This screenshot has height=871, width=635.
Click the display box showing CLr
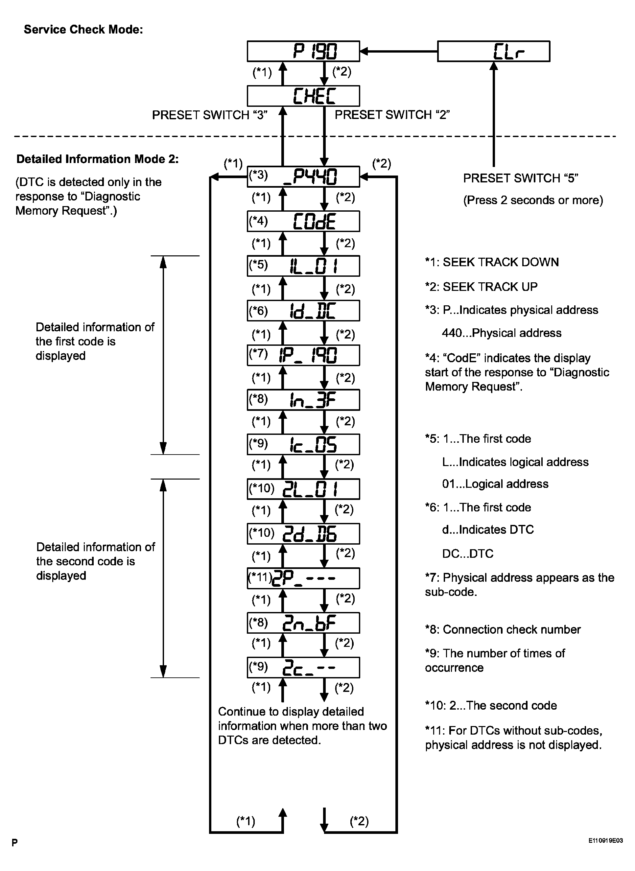pyautogui.click(x=494, y=51)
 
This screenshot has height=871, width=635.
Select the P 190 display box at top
pyautogui.click(x=303, y=51)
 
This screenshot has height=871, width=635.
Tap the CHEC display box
pyautogui.click(x=303, y=96)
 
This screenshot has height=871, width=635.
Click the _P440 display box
pyautogui.click(x=303, y=177)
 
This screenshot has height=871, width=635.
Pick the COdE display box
pyautogui.click(x=303, y=221)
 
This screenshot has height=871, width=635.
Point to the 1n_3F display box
pyautogui.click(x=303, y=400)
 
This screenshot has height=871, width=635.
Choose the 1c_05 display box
pyautogui.click(x=303, y=444)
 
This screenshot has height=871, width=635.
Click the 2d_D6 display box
pyautogui.click(x=303, y=533)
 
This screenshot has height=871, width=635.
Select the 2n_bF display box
pyautogui.click(x=303, y=623)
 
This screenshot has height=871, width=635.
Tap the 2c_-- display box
pyautogui.click(x=303, y=667)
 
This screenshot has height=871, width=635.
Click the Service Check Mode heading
pyautogui.click(x=83, y=30)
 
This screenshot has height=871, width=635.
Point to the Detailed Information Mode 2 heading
pyautogui.click(x=97, y=159)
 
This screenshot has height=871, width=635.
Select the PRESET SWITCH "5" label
pyautogui.click(x=520, y=178)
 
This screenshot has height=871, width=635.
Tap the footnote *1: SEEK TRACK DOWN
pyautogui.click(x=492, y=262)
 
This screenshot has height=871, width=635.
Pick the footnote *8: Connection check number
pyautogui.click(x=503, y=630)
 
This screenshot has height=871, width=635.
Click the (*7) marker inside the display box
pyautogui.click(x=258, y=353)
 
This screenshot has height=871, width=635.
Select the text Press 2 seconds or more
pyautogui.click(x=533, y=200)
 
